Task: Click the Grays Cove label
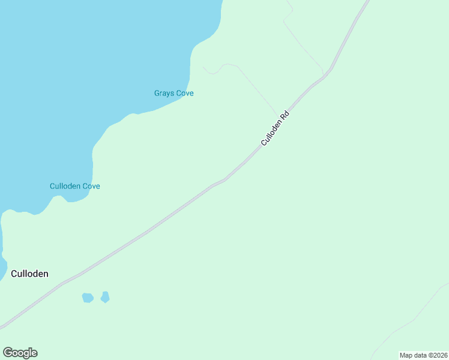[174, 93]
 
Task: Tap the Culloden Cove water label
[74, 186]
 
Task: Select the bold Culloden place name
[29, 274]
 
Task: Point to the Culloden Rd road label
[275, 128]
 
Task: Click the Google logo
[20, 353]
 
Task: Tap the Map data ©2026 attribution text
[423, 355]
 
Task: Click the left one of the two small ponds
[88, 298]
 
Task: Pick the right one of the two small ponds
[105, 297]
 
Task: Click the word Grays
[164, 93]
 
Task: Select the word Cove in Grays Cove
[184, 93]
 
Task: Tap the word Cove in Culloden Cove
[91, 186]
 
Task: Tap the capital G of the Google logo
[7, 353]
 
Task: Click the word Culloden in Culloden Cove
[65, 186]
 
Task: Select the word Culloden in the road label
[271, 133]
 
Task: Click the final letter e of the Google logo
[34, 353]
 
